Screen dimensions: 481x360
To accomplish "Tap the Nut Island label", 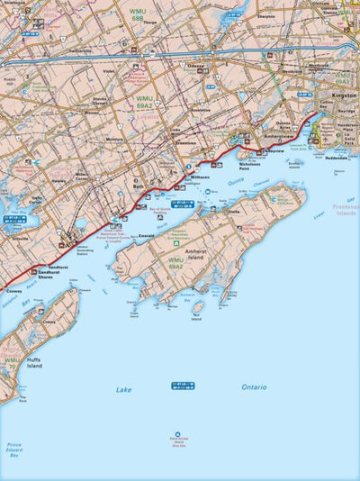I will click(196, 317).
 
